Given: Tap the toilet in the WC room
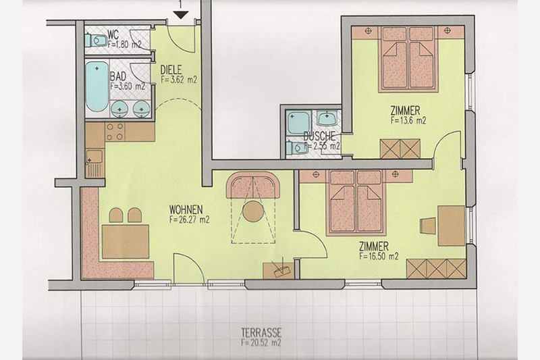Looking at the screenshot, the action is (x=96, y=41).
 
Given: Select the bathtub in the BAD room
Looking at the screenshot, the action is (x=97, y=86).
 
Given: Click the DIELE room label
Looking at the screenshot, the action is (x=171, y=70).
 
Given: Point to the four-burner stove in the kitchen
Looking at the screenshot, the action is (x=115, y=132).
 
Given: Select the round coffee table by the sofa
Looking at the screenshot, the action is (x=253, y=211).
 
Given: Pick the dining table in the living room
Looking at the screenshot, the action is (x=126, y=241).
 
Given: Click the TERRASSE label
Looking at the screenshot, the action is (x=261, y=333).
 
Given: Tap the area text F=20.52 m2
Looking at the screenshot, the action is (x=261, y=343).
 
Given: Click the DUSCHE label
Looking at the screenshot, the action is (x=319, y=136).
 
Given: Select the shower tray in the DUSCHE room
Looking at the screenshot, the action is (x=299, y=122).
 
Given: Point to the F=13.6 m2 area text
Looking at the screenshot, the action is (x=408, y=121).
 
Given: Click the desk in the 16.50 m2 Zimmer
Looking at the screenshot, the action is (x=451, y=226).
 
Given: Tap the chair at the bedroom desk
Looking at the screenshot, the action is (x=428, y=226).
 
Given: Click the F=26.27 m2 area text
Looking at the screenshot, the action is (x=189, y=220).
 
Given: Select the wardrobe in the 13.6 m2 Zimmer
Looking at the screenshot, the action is (x=400, y=149).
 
